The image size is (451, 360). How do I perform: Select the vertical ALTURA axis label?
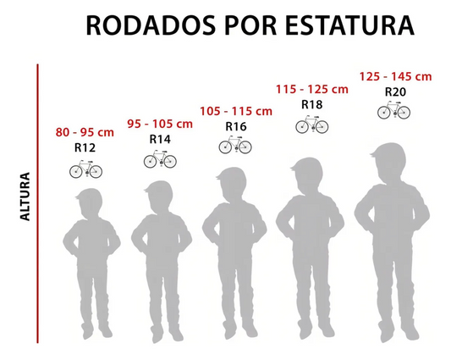tap(25, 197)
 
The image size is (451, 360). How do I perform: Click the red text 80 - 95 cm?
tap(85, 133)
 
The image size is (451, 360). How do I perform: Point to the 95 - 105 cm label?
tap(160, 125)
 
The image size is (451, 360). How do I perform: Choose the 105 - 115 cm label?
tap(236, 111)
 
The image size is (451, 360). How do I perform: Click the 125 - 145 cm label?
tap(394, 76)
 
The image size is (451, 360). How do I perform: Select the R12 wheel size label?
tap(85, 148)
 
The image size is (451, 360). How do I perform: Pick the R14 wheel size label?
tap(160, 139)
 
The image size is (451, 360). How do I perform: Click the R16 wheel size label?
tap(236, 126)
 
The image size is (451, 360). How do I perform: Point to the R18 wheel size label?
tap(312, 104)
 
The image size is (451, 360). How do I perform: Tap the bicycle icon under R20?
tap(394, 110)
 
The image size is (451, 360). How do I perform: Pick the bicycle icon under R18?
tap(312, 125)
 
